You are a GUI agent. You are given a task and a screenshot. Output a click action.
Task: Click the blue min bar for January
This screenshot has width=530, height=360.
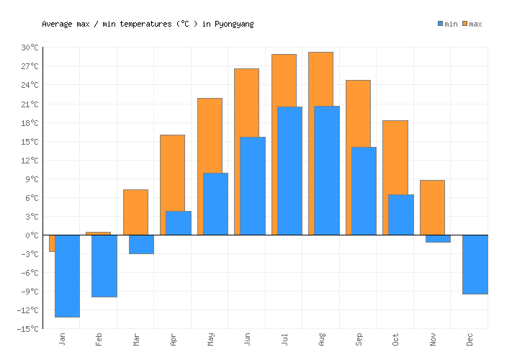[x=67, y=276]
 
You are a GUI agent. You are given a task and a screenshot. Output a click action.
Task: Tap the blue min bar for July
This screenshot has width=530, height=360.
[x=289, y=171]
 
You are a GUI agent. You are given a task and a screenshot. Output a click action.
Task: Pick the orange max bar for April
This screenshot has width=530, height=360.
[x=172, y=173]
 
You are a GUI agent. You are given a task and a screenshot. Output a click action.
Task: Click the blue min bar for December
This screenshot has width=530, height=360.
[x=475, y=264]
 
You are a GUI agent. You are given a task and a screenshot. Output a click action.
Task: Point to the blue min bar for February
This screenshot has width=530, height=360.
[x=104, y=266]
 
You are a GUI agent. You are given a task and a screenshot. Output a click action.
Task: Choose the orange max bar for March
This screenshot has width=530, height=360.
[x=135, y=212]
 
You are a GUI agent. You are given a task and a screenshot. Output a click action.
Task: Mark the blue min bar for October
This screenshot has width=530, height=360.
[x=401, y=215]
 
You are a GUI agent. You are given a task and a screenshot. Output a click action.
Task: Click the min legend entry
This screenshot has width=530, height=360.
[x=447, y=24]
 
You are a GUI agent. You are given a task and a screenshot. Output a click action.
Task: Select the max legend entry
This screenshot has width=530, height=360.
[x=472, y=24]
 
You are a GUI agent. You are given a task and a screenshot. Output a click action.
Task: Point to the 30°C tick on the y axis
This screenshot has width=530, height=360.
[x=30, y=48]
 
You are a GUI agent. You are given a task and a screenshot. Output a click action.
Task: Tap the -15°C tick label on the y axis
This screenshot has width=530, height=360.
[x=29, y=329]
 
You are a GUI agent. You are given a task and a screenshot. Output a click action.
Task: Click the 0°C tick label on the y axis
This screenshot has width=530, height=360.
[x=33, y=235]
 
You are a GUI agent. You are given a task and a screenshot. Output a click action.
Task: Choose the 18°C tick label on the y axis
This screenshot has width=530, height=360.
[x=30, y=122]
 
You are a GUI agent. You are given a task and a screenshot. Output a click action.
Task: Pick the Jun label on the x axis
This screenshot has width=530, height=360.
[x=247, y=338]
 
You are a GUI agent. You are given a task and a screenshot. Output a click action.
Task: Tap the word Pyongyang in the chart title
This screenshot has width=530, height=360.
[x=234, y=24]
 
